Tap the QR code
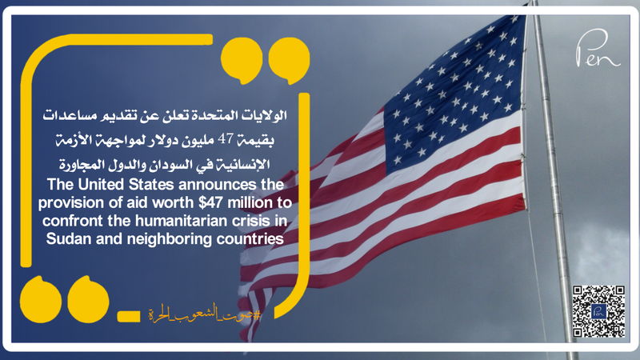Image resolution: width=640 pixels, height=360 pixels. [x=598, y=310]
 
